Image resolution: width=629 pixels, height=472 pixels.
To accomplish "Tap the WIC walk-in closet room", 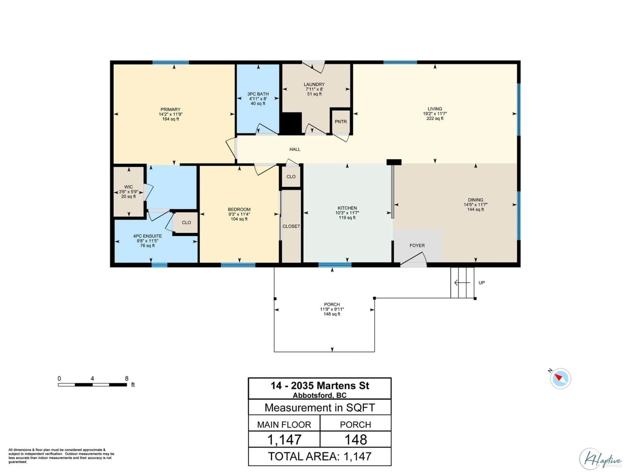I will pyautogui.click(x=129, y=191).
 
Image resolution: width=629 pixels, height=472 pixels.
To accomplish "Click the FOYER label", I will pyautogui.click(x=417, y=245).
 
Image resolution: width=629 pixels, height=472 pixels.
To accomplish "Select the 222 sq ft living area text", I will pyautogui.click(x=435, y=118).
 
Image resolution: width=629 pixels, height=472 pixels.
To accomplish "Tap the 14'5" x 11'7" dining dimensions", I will pyautogui.click(x=476, y=205).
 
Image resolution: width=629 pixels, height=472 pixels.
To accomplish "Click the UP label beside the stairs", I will pyautogui.click(x=481, y=283).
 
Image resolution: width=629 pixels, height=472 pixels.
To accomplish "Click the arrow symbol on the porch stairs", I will pyautogui.click(x=462, y=283).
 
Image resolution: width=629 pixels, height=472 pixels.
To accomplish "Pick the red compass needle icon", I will pyautogui.click(x=558, y=378).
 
